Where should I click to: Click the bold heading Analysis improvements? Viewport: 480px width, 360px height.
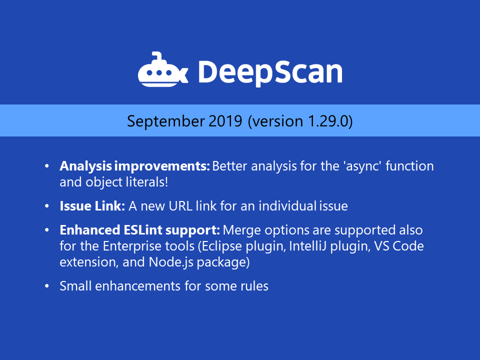(134, 166)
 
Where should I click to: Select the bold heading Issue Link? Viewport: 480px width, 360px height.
(92, 206)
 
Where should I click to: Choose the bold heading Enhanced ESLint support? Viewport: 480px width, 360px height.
(139, 230)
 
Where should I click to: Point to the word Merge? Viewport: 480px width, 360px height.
(241, 230)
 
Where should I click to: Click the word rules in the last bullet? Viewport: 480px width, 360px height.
(255, 286)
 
